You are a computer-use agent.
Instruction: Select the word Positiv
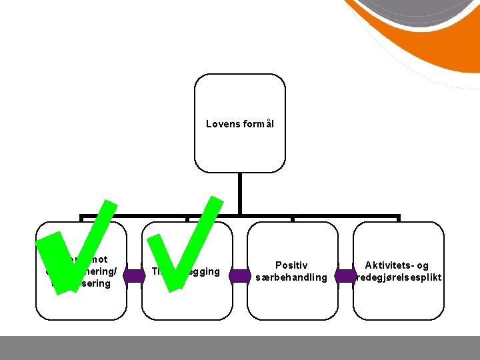pos(292,265)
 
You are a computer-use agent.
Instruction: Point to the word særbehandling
pos(292,277)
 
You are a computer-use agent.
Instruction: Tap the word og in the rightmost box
pos(423,265)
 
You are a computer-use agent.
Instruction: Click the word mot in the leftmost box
pos(98,259)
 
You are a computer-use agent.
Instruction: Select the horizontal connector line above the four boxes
pos(293,217)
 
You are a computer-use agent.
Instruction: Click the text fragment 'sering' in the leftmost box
pos(96,283)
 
